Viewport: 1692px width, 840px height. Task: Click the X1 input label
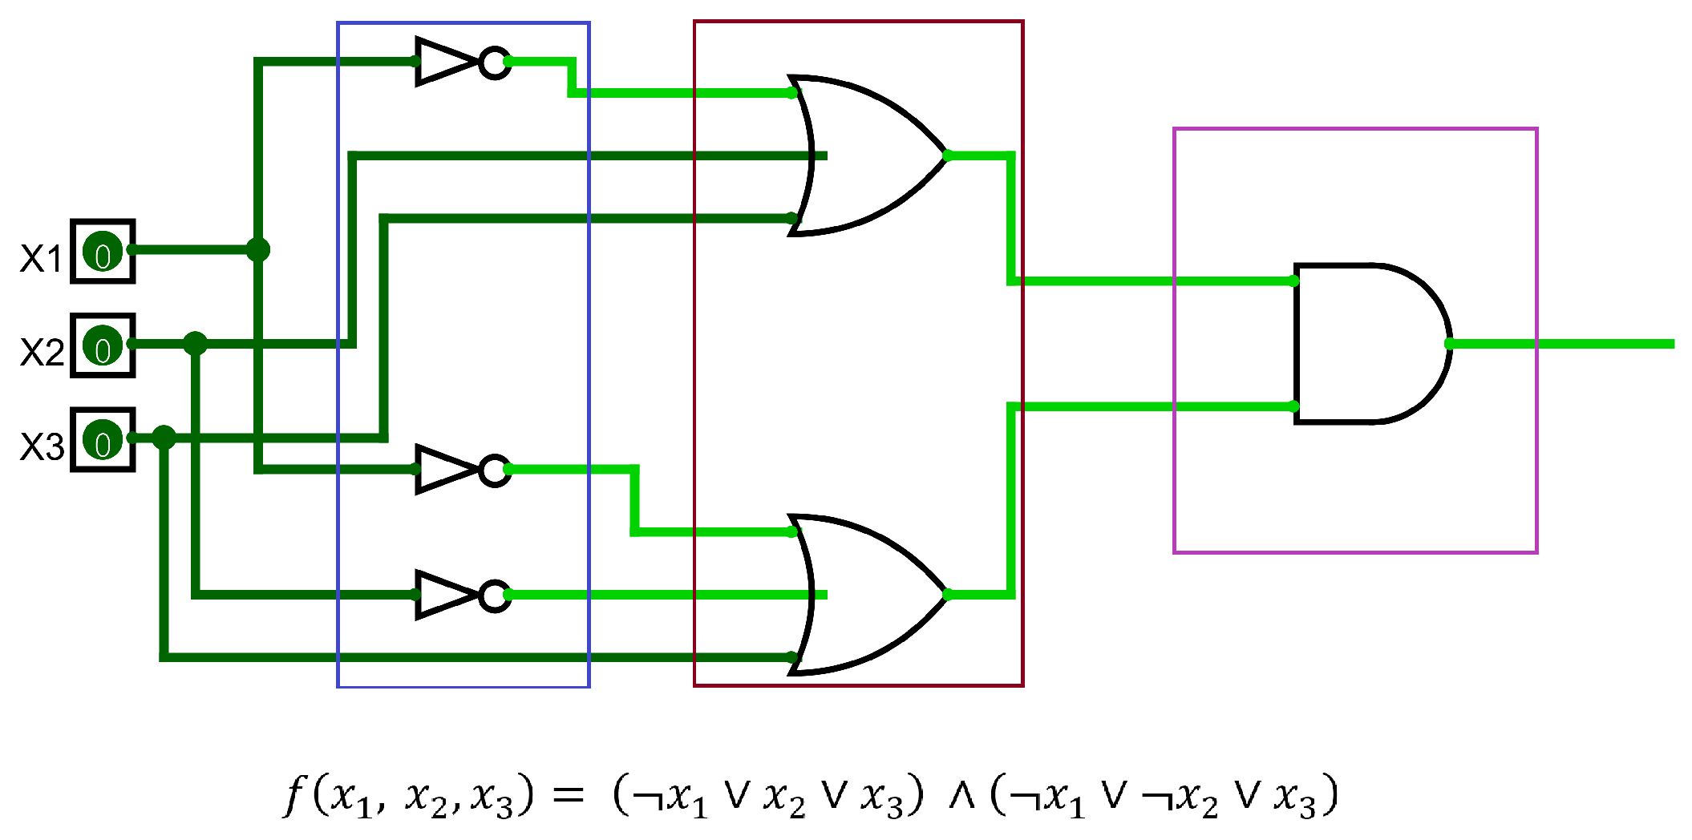[x=41, y=259]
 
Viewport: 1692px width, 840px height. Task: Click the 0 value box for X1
[x=103, y=252]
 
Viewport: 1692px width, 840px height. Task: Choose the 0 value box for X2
[x=103, y=345]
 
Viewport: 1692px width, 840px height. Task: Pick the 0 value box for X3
[x=103, y=440]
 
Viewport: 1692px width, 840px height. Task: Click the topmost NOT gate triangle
[x=444, y=62]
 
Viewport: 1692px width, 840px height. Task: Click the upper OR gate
[x=866, y=155]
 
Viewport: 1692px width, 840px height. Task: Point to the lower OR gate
[x=866, y=595]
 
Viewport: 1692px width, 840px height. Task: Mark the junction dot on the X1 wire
[x=258, y=250]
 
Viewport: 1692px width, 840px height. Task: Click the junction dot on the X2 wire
[x=196, y=344]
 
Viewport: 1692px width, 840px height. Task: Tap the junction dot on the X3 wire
[x=164, y=438]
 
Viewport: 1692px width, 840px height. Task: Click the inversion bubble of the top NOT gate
[x=495, y=63]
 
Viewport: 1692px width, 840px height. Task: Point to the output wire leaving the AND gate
[x=1564, y=344]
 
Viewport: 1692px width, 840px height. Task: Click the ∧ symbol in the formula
[x=961, y=795]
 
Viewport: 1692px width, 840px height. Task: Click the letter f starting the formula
[x=295, y=795]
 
